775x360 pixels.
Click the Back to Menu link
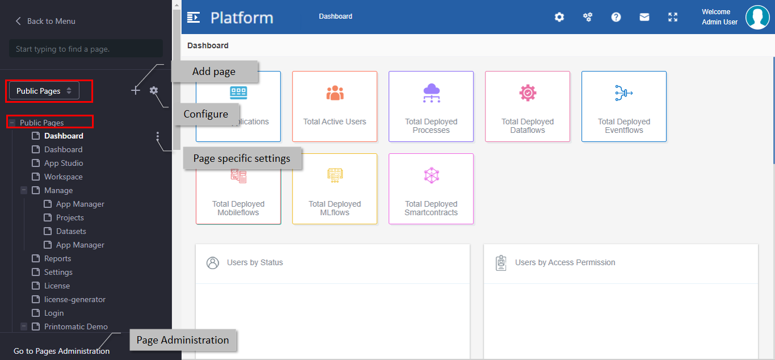45,21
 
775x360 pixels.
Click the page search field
86,49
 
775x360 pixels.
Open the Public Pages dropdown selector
44,91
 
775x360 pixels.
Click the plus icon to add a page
136,91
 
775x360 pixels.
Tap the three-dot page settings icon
157,136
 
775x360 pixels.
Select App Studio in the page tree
64,163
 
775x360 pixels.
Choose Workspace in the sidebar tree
64,177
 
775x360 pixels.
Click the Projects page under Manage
70,217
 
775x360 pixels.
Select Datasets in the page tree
71,231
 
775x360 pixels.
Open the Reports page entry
57,258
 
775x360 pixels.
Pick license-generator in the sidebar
75,299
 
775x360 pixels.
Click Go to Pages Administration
61,351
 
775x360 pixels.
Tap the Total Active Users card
334,107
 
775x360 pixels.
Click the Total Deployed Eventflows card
624,107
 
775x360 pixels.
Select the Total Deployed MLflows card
334,189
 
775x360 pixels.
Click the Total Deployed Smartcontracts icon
431,175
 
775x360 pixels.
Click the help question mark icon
616,17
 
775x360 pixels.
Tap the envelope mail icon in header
644,17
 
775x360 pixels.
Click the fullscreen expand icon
673,17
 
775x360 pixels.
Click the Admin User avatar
757,17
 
